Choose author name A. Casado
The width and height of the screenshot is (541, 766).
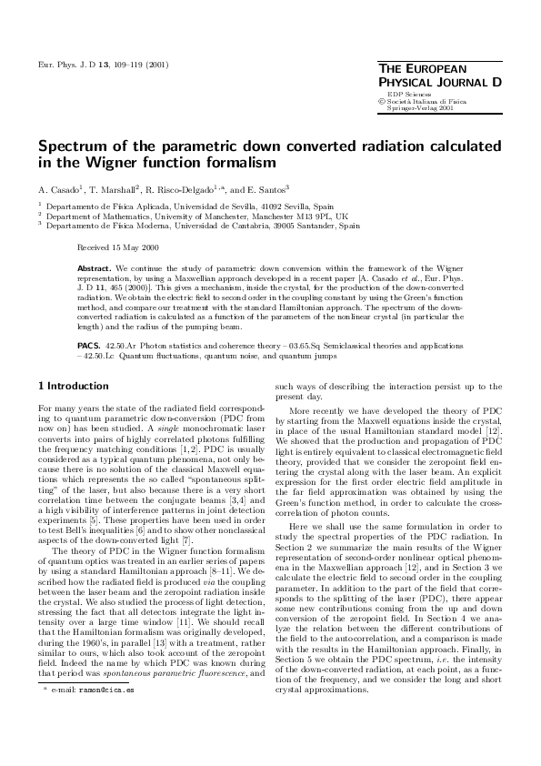[x=60, y=189]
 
